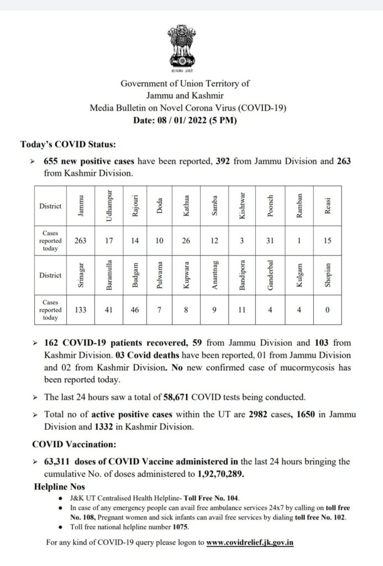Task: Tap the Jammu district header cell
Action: pos(81,207)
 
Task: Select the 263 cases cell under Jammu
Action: pos(81,240)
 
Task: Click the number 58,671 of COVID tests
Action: pos(180,397)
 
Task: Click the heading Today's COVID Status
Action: pos(68,145)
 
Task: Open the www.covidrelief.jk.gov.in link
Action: pos(250,542)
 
